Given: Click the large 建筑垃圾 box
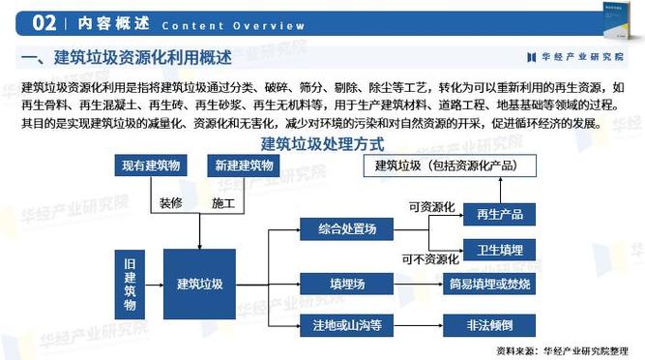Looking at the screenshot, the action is click(200, 285).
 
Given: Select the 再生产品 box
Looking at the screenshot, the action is click(499, 214).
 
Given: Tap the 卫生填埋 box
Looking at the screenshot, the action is click(499, 251).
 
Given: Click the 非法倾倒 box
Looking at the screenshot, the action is click(491, 325).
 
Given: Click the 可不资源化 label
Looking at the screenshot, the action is click(429, 258).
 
